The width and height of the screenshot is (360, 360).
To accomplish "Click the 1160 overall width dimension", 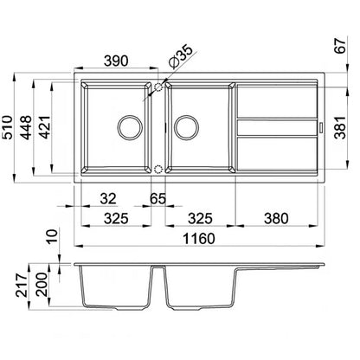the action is pos(199,239).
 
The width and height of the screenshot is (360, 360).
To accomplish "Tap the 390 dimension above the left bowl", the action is pos(116,61).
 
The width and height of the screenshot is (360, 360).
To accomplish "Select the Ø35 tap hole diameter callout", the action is pos(181,56).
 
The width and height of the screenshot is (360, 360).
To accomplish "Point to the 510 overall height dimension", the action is pos(7,127).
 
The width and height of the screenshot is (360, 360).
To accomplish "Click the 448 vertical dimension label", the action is pos(26,127).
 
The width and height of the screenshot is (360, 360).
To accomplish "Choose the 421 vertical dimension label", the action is pos(44,127).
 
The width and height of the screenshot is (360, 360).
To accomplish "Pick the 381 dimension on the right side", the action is pos(340,127).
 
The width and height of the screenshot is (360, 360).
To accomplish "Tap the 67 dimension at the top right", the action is pos(340,45).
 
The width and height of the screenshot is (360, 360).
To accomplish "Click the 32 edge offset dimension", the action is pos(108,198).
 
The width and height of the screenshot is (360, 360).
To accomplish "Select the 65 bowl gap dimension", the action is pos(158,198).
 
